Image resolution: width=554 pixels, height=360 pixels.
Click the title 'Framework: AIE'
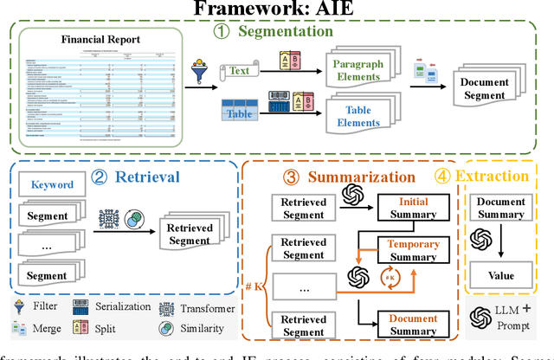[276, 10]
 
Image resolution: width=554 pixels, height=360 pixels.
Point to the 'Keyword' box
[52, 184]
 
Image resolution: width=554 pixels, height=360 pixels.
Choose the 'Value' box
[501, 276]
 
